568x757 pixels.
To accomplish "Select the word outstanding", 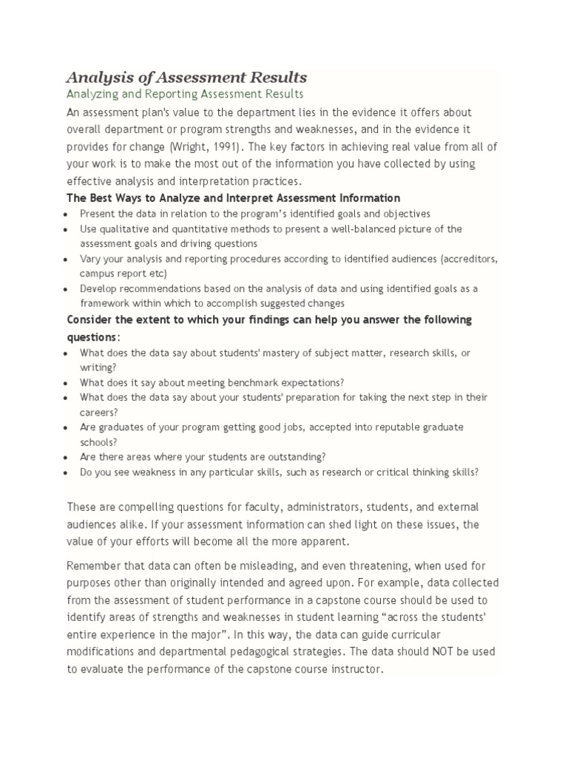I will [x=294, y=457].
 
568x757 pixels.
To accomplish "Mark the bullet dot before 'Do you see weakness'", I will [x=67, y=472].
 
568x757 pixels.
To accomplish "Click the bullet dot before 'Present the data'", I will [x=67, y=214].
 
